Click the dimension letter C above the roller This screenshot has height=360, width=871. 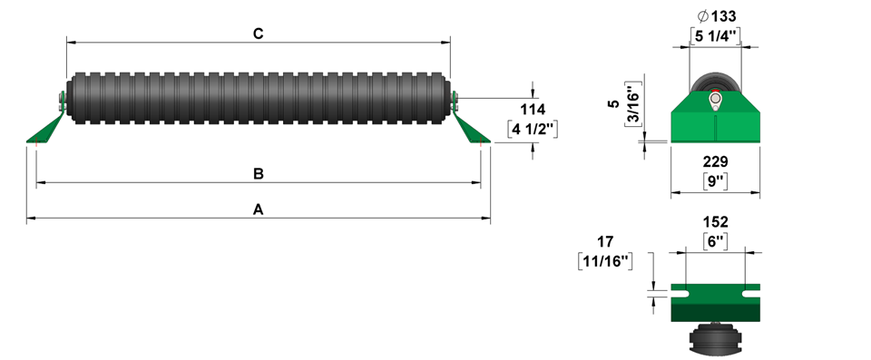tap(259, 34)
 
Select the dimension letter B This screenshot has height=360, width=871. tap(259, 174)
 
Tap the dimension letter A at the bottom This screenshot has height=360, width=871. tap(259, 209)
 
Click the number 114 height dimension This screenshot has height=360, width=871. tap(533, 110)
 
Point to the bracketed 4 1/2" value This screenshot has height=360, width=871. tap(533, 129)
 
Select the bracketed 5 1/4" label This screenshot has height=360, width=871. tap(716, 36)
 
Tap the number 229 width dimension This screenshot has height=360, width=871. tap(716, 161)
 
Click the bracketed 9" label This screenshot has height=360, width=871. tap(716, 180)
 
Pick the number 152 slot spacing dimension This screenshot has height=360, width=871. tap(716, 222)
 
